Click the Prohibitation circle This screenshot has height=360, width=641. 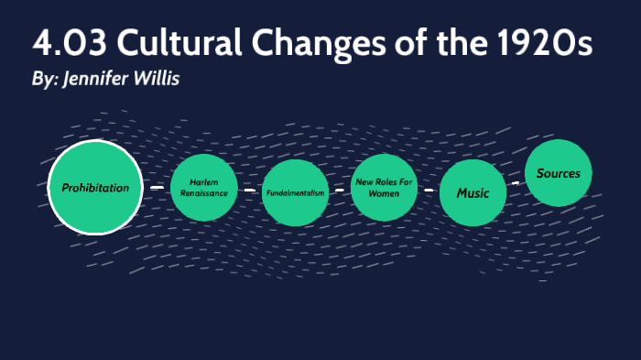95,188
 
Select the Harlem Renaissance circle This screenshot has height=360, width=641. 203,189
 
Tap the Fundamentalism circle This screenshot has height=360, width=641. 295,192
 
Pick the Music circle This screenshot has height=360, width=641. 473,192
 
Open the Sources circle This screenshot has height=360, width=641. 559,173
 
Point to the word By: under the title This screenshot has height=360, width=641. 44,80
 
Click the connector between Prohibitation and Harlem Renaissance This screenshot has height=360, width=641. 157,188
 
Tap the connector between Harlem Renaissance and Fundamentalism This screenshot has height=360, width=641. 250,191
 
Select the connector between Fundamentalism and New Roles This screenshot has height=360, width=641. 339,191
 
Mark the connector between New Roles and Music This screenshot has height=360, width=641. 429,191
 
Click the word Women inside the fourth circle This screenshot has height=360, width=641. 385,194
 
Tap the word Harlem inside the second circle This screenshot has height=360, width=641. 203,183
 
